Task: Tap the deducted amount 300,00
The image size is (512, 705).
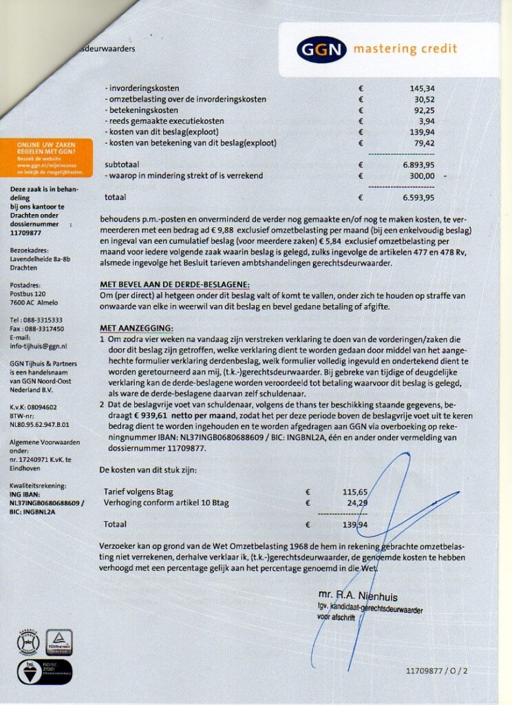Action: pos(422,176)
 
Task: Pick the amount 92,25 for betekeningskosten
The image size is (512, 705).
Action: pos(424,111)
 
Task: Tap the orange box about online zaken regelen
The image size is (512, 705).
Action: pos(47,158)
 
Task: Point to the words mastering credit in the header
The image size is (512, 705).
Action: pos(405,49)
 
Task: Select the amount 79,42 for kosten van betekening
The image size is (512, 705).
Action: pos(424,143)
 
